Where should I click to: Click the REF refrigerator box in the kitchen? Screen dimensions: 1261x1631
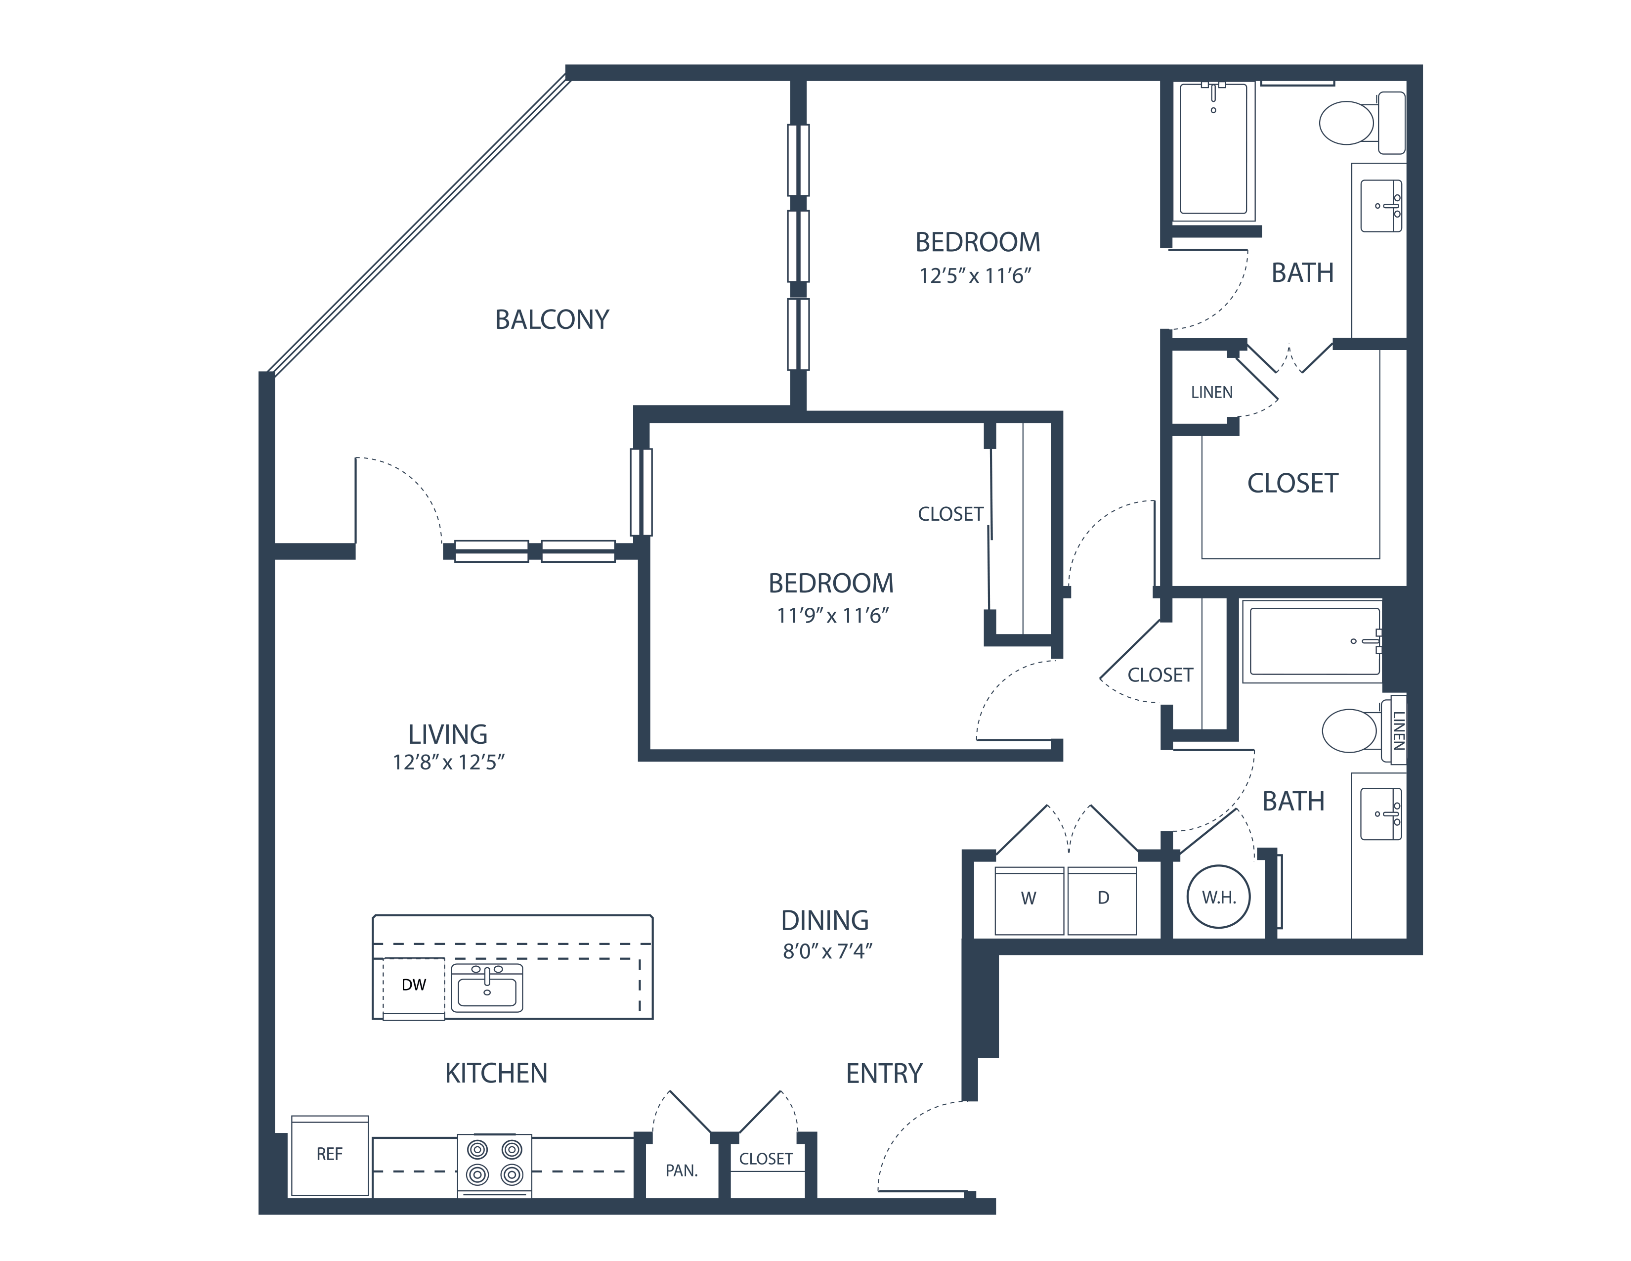pyautogui.click(x=329, y=1155)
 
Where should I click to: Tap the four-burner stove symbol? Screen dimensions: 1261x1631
pyautogui.click(x=494, y=1164)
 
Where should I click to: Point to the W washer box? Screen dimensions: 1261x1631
pyautogui.click(x=1029, y=900)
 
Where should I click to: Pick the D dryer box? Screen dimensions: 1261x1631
pyautogui.click(x=1102, y=900)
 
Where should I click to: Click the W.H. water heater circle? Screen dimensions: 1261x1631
pyautogui.click(x=1218, y=897)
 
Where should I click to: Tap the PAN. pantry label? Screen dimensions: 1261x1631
pyautogui.click(x=681, y=1171)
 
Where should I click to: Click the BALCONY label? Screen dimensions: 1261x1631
pyautogui.click(x=552, y=320)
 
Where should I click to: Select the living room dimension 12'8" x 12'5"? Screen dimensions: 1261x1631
pyautogui.click(x=449, y=763)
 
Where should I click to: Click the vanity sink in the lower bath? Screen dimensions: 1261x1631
pyautogui.click(x=1381, y=813)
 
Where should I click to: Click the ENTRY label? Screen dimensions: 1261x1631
pyautogui.click(x=884, y=1074)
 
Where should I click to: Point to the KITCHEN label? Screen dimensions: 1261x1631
pyautogui.click(x=496, y=1074)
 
